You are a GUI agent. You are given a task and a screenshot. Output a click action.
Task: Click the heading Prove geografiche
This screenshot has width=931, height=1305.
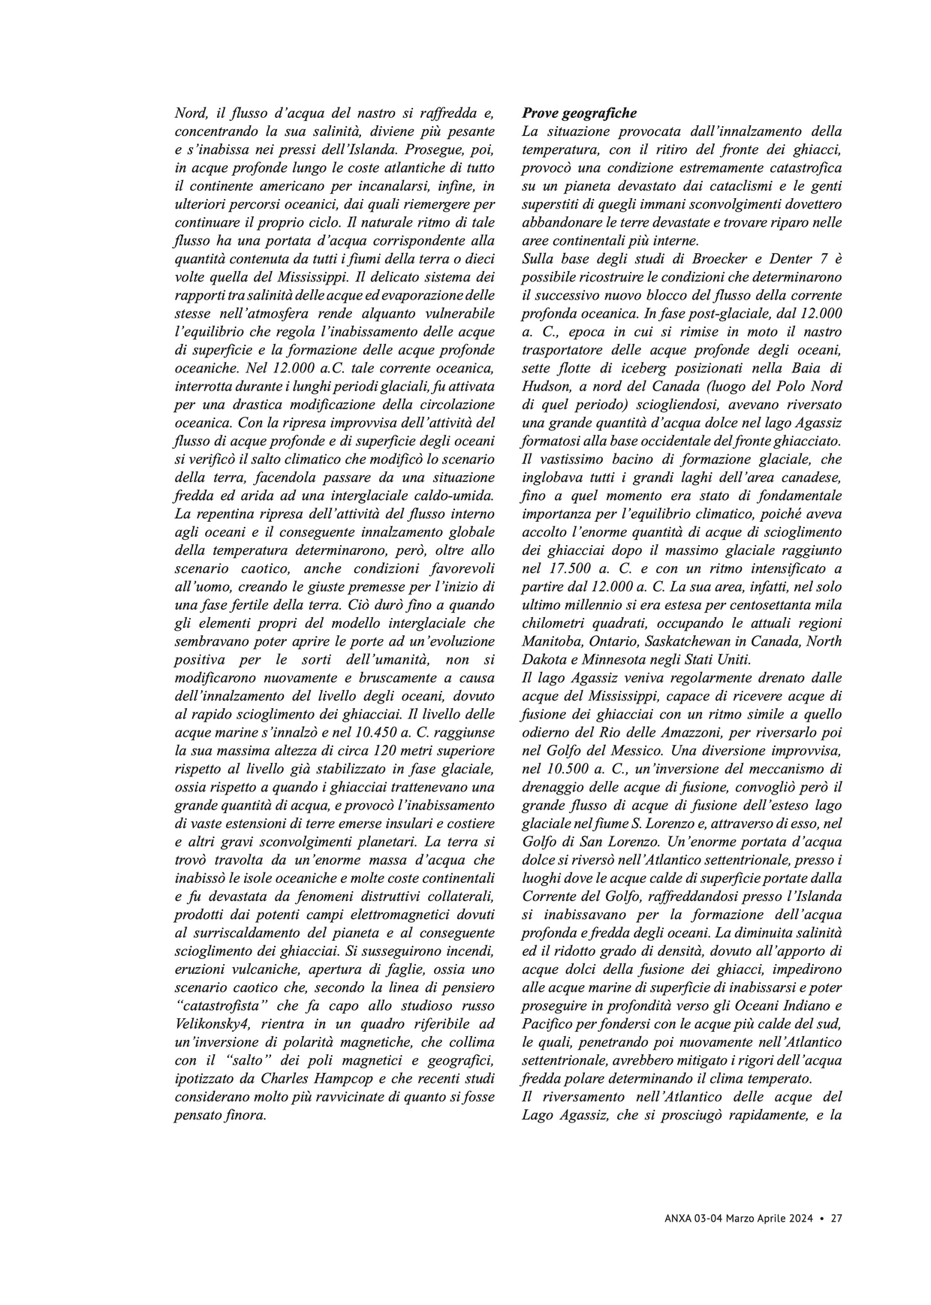(x=579, y=113)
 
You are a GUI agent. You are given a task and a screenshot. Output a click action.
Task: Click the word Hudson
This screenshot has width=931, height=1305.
(x=545, y=387)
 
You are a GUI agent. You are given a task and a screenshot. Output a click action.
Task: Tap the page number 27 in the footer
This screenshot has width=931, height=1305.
(x=836, y=1219)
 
